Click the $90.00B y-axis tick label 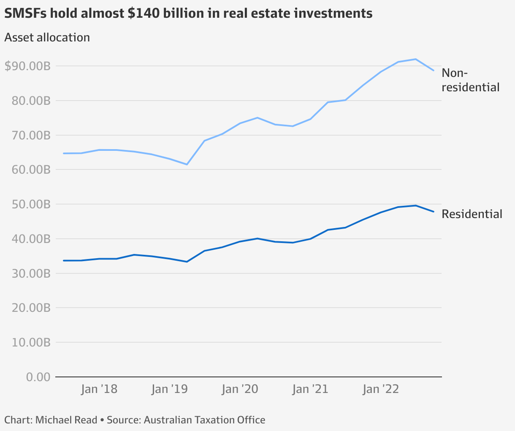pos(27,66)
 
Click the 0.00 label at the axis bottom pos(38,376)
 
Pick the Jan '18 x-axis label pos(99,389)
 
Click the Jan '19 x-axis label pos(169,389)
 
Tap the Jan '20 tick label pos(240,389)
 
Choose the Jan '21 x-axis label pos(310,389)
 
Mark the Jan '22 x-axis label pos(381,389)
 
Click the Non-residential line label pos(470,80)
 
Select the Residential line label pos(472,214)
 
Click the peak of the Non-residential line pos(416,59)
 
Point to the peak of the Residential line pos(416,205)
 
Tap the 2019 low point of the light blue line pos(187,164)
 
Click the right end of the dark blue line pos(434,212)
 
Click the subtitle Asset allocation pos(47,37)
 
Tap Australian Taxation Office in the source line pos(204,420)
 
